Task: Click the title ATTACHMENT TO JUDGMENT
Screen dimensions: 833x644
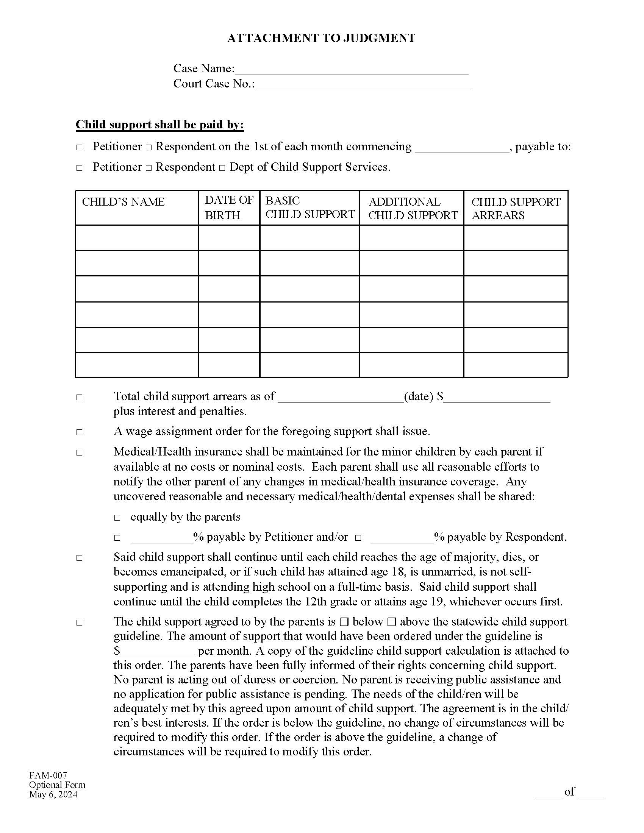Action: click(x=321, y=38)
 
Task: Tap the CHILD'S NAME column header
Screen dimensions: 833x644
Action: click(x=123, y=202)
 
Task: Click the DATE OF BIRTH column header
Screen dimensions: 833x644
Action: click(x=228, y=207)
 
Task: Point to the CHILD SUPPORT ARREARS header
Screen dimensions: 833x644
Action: click(x=516, y=208)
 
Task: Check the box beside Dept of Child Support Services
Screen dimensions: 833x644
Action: click(x=222, y=168)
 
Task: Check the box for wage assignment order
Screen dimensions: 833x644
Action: click(x=79, y=432)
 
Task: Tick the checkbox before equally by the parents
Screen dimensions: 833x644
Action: click(x=117, y=518)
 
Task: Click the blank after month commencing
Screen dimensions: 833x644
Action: click(x=462, y=148)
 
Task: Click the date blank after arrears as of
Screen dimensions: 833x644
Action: click(x=340, y=398)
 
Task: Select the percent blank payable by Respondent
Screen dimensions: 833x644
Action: click(x=402, y=538)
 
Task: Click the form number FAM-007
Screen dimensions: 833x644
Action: click(x=48, y=775)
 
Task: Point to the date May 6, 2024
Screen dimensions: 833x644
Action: click(x=53, y=794)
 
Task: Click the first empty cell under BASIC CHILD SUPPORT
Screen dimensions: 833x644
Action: click(x=309, y=238)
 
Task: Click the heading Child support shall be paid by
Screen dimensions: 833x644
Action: click(x=159, y=125)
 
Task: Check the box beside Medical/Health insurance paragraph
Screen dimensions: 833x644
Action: click(x=79, y=453)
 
